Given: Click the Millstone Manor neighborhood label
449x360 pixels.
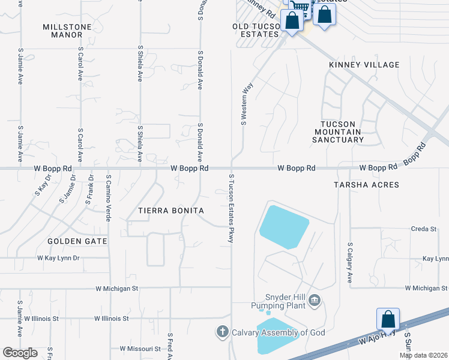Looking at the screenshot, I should pyautogui.click(x=63, y=31).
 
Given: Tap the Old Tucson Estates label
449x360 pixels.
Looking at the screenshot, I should pyautogui.click(x=257, y=31).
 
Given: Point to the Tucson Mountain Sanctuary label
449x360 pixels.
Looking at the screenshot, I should pyautogui.click(x=337, y=131).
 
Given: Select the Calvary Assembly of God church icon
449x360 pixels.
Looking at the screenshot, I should pyautogui.click(x=222, y=332).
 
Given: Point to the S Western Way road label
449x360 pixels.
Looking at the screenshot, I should pyautogui.click(x=245, y=104).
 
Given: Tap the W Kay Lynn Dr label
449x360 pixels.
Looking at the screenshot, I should pyautogui.click(x=58, y=258).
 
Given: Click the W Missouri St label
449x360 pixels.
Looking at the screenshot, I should pyautogui.click(x=140, y=348).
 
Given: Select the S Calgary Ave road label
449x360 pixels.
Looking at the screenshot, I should pyautogui.click(x=350, y=263).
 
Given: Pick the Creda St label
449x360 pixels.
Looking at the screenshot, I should pyautogui.click(x=423, y=229).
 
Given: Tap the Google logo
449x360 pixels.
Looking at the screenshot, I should pyautogui.click(x=20, y=353).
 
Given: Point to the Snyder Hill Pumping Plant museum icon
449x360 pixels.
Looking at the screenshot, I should pyautogui.click(x=315, y=301).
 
